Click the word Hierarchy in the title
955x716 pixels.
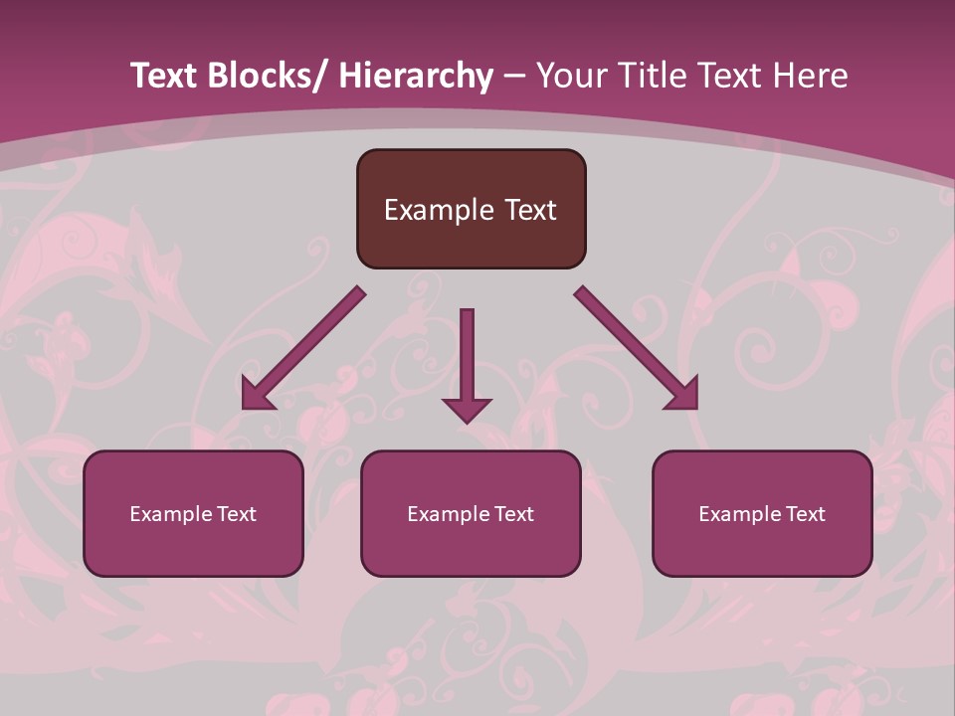coord(417,77)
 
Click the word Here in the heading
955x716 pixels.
coord(810,77)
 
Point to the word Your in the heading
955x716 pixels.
coord(569,77)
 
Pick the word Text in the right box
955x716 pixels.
coord(805,514)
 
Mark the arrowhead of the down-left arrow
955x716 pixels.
coord(258,395)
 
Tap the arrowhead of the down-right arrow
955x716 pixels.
coord(682,394)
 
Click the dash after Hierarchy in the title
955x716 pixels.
coord(514,78)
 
